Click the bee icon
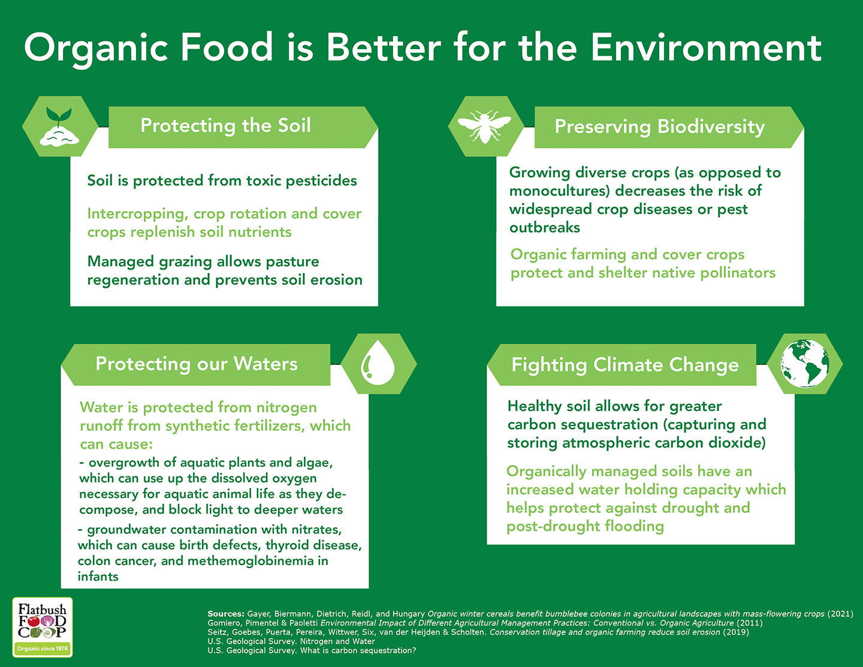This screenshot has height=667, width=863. (484, 126)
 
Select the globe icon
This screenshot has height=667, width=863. (805, 363)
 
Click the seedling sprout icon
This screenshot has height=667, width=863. (59, 127)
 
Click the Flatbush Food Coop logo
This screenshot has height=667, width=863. (43, 627)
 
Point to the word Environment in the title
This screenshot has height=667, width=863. (706, 48)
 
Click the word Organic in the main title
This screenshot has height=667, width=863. (96, 50)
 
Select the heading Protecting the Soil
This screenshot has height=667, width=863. (225, 125)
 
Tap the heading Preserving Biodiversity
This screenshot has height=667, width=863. (660, 126)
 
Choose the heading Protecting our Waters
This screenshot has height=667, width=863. (196, 364)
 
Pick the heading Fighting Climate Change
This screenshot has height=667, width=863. (624, 365)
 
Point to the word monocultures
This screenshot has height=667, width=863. (559, 191)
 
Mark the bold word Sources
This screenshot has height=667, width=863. (225, 614)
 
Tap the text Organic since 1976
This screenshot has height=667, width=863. (43, 648)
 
